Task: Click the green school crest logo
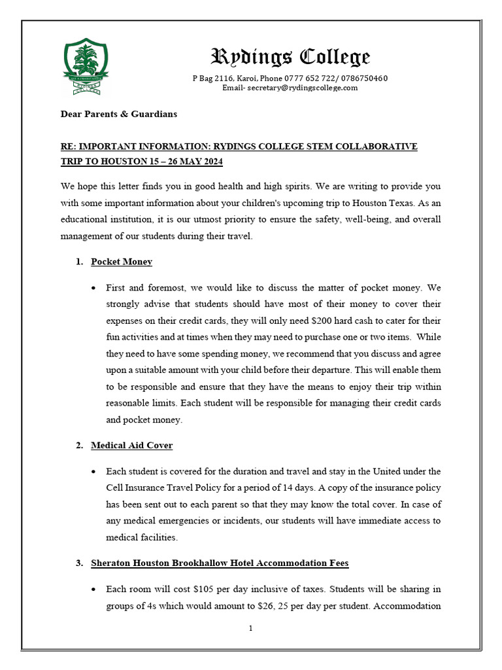(86, 66)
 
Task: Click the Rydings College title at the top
(290, 57)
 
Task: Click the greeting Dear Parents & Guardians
(118, 114)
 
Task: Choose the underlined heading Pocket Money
(122, 262)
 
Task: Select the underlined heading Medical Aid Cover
(131, 446)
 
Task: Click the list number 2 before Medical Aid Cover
(78, 446)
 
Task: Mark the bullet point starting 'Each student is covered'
(95, 471)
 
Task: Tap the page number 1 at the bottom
(250, 629)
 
